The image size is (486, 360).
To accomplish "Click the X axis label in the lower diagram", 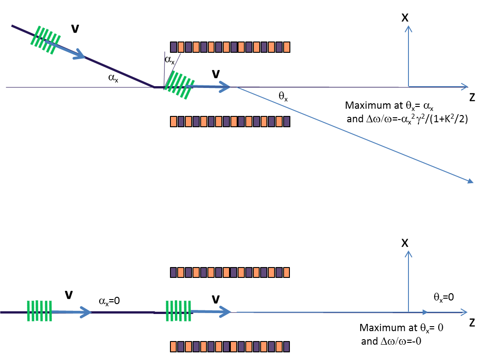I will coord(405,243).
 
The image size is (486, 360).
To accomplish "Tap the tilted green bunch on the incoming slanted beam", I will coord(45,39).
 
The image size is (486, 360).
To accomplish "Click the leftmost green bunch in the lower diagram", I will coord(39,311).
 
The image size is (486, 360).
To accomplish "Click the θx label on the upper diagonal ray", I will coord(282,96).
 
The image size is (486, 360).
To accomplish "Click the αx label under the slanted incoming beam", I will coord(114,77).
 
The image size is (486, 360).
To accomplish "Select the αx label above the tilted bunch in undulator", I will coord(169,60).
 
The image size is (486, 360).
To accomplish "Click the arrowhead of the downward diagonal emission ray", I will coord(470,181).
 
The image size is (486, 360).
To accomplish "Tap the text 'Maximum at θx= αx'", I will coord(385,106).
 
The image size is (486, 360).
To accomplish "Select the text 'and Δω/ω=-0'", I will coord(392,342).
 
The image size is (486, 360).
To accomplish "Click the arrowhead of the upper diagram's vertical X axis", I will coord(408,28).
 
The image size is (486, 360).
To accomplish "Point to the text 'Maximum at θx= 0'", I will coord(401,328).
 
